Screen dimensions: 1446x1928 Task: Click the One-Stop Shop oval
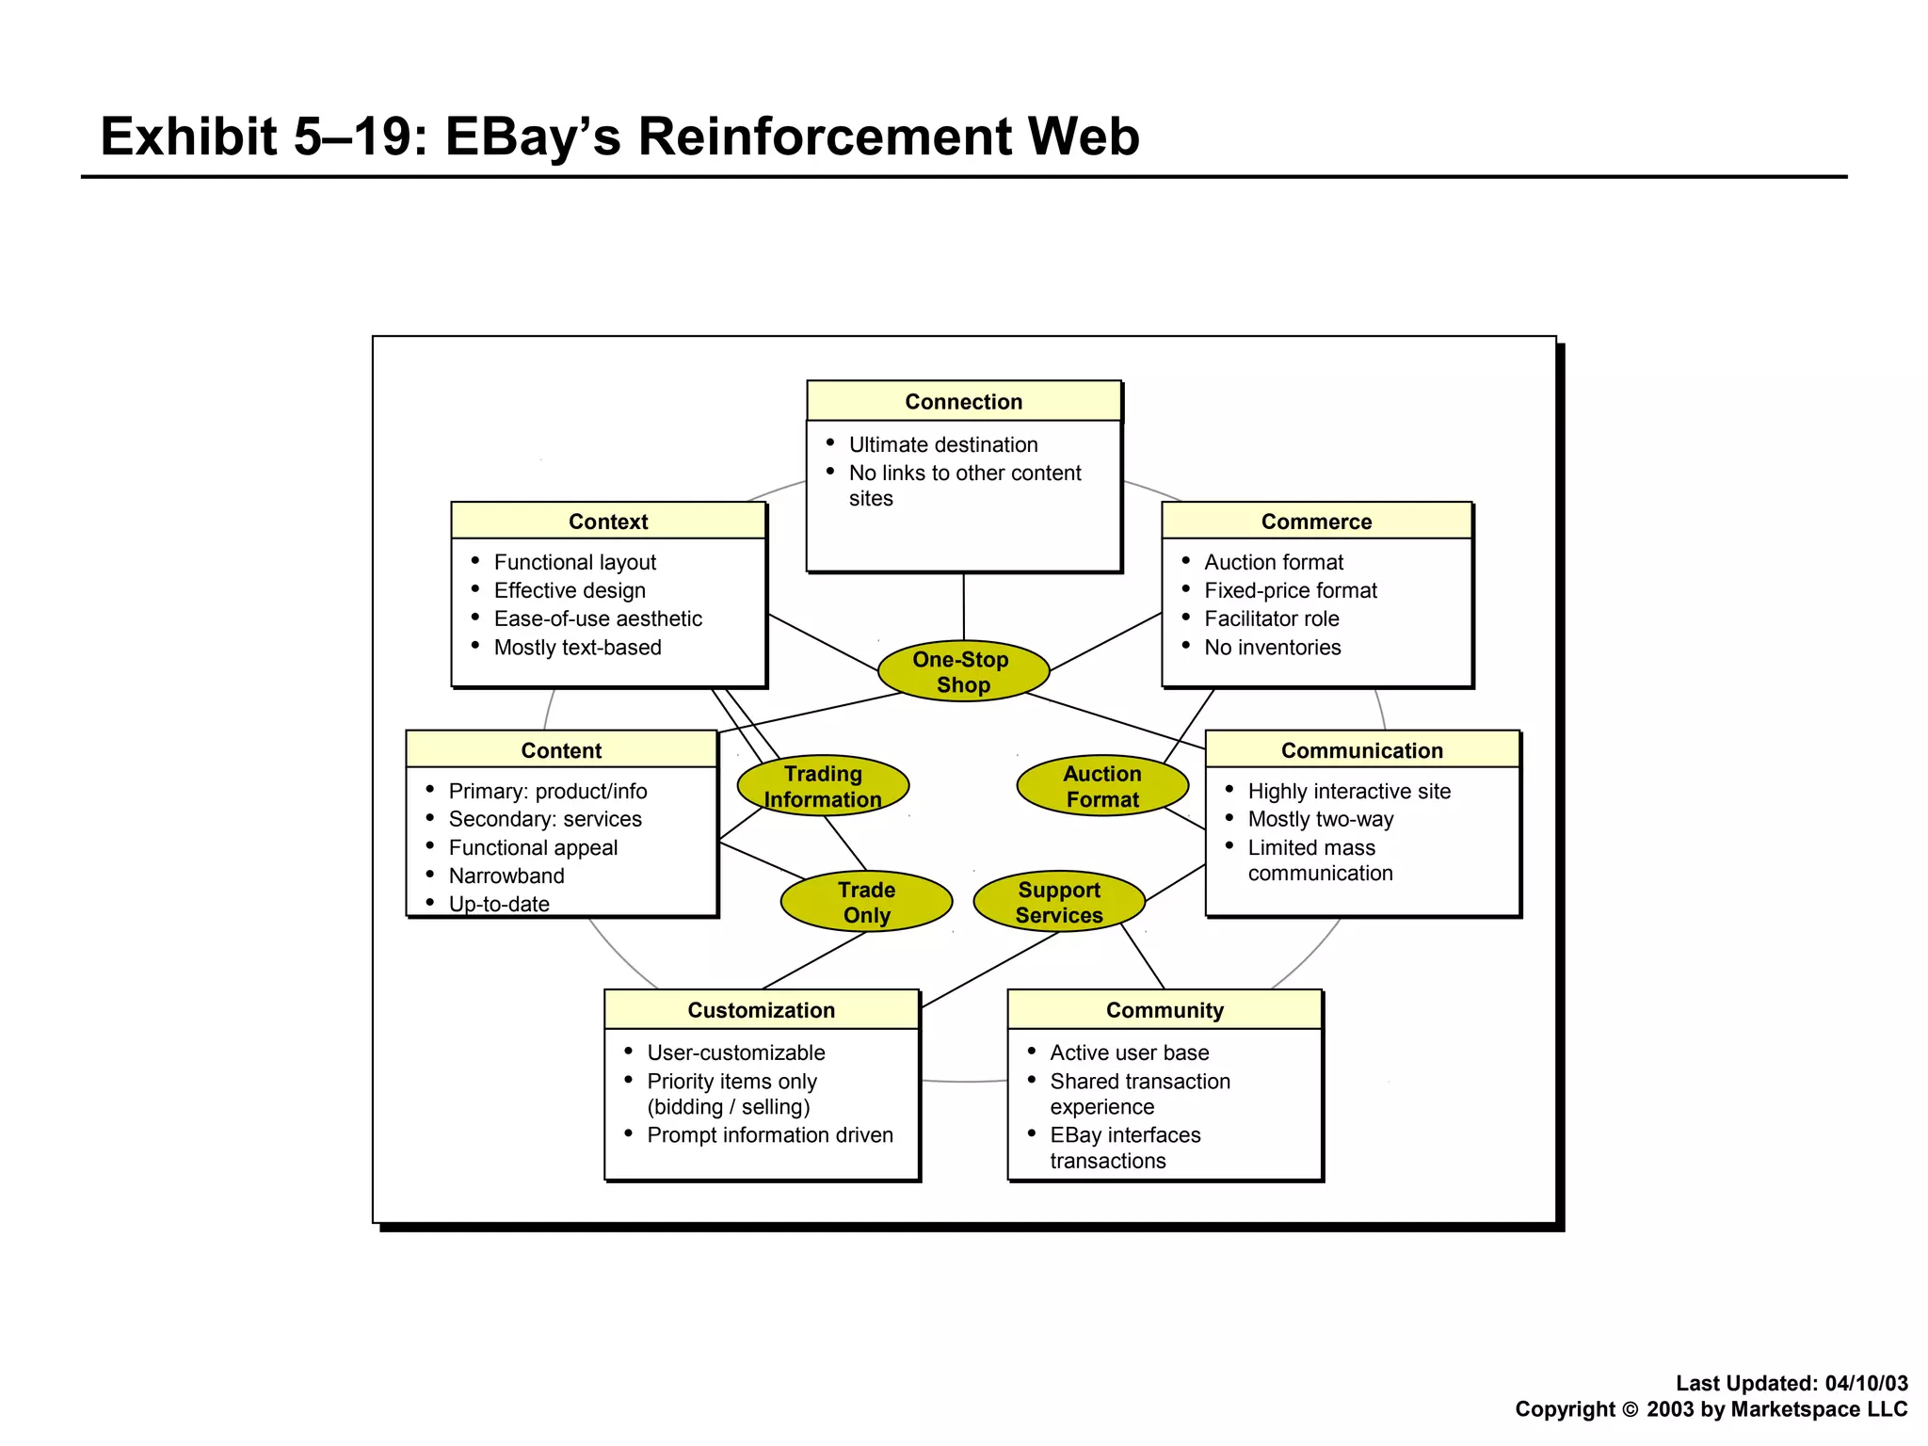(963, 672)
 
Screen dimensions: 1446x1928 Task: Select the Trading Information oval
(823, 786)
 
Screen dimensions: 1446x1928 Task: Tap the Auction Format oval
(1102, 786)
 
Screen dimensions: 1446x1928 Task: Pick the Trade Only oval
(866, 902)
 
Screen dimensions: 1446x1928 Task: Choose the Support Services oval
(1059, 902)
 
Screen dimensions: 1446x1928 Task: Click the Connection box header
(963, 402)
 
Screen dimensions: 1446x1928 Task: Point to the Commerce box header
(1316, 522)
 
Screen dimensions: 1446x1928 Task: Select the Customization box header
(761, 1010)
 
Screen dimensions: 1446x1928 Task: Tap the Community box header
(1165, 1010)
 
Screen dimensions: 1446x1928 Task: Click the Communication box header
(1361, 750)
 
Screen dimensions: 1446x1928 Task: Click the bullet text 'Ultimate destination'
(942, 444)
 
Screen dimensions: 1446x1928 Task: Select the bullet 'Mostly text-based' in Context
(577, 648)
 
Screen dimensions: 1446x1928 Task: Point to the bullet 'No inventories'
(1272, 648)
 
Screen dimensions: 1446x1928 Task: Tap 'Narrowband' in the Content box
(506, 876)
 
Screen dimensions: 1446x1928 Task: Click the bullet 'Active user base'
(1129, 1052)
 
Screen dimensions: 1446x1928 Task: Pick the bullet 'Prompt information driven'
(769, 1135)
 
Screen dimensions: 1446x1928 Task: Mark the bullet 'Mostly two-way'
(1320, 819)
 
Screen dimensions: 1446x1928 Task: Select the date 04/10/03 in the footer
(1866, 1383)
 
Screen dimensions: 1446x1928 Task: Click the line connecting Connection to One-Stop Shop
(963, 607)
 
